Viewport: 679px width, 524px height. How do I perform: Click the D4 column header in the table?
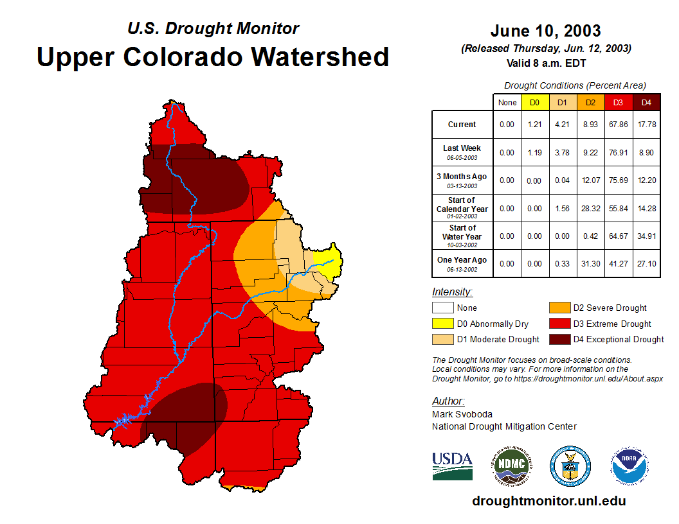[646, 102]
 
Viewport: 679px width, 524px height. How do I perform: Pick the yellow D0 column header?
[535, 102]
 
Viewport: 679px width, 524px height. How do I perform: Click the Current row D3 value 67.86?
[619, 125]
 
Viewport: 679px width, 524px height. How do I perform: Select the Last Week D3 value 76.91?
[619, 152]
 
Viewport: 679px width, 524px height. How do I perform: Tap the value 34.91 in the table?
[646, 236]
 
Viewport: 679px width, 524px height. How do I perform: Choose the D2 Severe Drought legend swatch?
[559, 308]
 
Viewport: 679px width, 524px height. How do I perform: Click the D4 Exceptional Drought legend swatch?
[559, 339]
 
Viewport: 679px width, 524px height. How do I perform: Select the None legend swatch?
[442, 308]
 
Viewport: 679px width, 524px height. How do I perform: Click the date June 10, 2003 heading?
[545, 31]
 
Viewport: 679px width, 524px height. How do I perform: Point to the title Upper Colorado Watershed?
[213, 57]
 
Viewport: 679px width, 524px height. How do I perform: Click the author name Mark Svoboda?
[462, 414]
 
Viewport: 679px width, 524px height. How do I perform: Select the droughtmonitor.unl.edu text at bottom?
[548, 501]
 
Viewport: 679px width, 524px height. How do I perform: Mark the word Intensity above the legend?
[452, 292]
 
